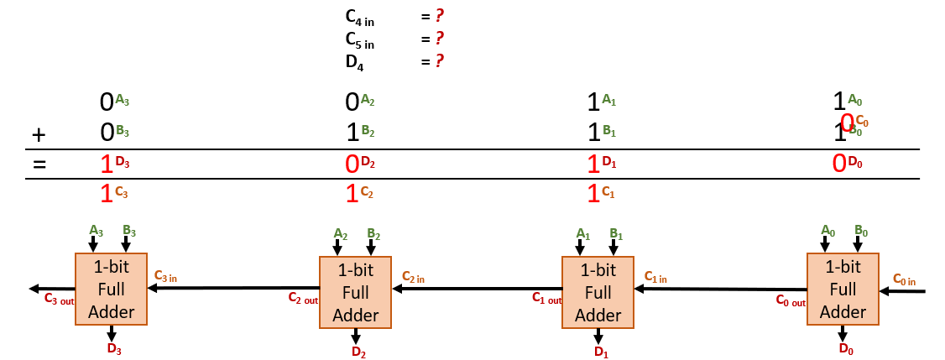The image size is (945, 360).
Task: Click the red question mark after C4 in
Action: [x=439, y=16]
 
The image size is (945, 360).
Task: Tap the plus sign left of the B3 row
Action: [x=37, y=133]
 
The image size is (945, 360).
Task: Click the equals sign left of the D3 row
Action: [x=38, y=164]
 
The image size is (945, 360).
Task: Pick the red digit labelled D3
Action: [x=107, y=164]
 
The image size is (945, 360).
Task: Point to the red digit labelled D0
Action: [x=838, y=164]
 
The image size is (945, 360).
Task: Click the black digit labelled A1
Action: [x=593, y=102]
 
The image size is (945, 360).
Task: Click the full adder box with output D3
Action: [x=111, y=290]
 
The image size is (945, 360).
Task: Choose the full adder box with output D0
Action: [x=843, y=290]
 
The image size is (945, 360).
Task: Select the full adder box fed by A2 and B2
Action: [x=356, y=292]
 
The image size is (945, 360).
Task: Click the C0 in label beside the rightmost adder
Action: [x=904, y=279]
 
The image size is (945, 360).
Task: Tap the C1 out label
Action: [x=547, y=298]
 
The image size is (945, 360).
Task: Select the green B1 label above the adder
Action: [x=616, y=233]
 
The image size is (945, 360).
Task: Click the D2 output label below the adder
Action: [x=358, y=352]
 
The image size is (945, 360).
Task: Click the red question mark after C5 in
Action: [x=439, y=39]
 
